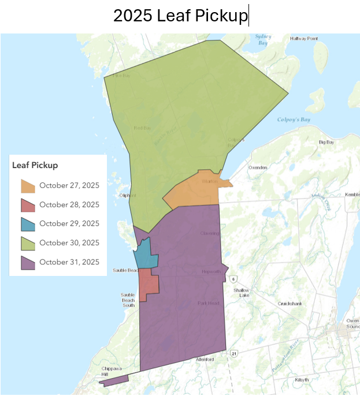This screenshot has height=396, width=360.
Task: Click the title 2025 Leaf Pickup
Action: click(180, 16)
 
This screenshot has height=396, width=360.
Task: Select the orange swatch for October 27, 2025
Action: click(28, 186)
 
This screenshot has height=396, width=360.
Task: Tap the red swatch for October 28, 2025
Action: click(28, 205)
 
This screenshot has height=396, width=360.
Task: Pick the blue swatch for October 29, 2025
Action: click(28, 224)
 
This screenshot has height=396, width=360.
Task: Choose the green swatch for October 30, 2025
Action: click(28, 243)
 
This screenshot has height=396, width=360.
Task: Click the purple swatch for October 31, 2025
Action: click(28, 262)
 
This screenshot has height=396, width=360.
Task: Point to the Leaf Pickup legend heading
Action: click(35, 165)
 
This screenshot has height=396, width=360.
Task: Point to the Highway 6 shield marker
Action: click(233, 279)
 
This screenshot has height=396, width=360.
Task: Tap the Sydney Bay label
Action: click(263, 40)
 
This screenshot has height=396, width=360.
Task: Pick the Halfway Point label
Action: click(304, 39)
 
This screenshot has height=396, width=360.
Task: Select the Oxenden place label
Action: click(258, 167)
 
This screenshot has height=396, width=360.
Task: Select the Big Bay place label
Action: click(326, 141)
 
